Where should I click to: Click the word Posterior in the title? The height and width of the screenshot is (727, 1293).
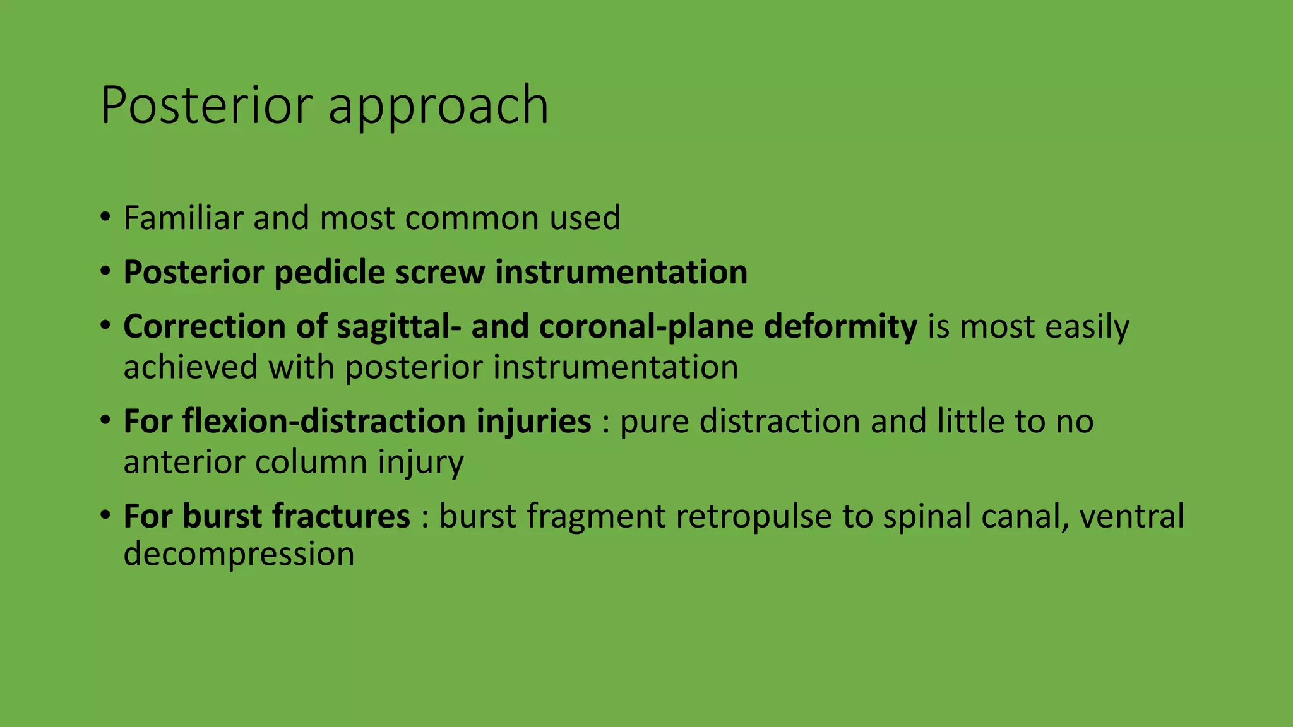tap(206, 105)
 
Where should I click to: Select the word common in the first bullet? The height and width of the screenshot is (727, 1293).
tap(472, 219)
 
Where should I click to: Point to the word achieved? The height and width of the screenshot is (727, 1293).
tap(190, 367)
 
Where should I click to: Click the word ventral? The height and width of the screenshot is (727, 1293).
tap(1131, 516)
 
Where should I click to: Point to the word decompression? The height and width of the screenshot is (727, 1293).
tap(239, 554)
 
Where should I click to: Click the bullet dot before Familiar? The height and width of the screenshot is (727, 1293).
tap(105, 218)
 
